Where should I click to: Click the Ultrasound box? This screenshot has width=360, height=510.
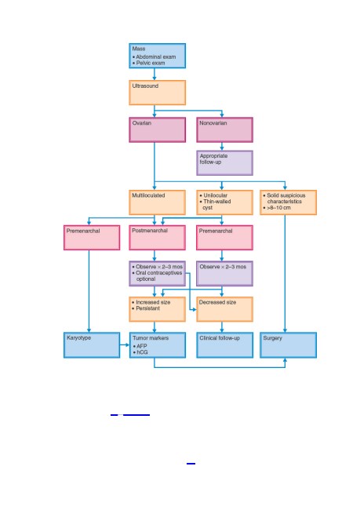pyautogui.click(x=158, y=93)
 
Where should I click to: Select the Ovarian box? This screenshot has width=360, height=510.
pyautogui.click(x=158, y=129)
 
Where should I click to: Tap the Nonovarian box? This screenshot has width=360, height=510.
pyautogui.click(x=225, y=129)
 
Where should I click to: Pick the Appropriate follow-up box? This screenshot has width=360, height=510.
pyautogui.click(x=225, y=162)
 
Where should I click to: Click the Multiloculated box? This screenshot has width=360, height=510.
pyautogui.click(x=158, y=202)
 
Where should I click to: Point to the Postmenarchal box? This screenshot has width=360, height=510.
pyautogui.click(x=158, y=238)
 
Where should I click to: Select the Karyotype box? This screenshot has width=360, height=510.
pyautogui.click(x=92, y=344)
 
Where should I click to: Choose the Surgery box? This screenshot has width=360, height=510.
pyautogui.click(x=288, y=344)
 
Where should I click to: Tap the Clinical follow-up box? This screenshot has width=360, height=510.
pyautogui.click(x=225, y=344)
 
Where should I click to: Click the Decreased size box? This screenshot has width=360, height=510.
pyautogui.click(x=225, y=309)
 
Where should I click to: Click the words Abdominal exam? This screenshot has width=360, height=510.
pyautogui.click(x=156, y=56)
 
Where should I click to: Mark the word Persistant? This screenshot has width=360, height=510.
pyautogui.click(x=147, y=308)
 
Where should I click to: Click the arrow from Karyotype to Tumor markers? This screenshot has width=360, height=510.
pyautogui.click(x=125, y=344)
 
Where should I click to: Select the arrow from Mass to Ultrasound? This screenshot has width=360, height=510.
pyautogui.click(x=155, y=75)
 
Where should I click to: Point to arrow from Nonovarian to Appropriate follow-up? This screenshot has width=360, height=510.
pyautogui.click(x=222, y=147)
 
